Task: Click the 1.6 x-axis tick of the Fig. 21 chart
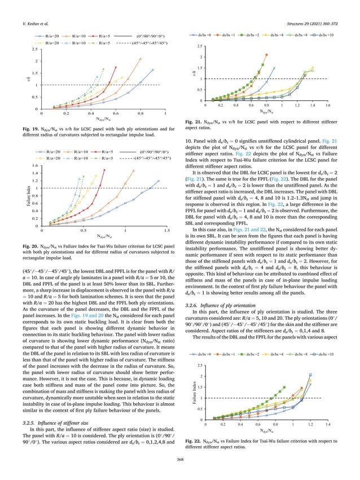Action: (x=328, y=105)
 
